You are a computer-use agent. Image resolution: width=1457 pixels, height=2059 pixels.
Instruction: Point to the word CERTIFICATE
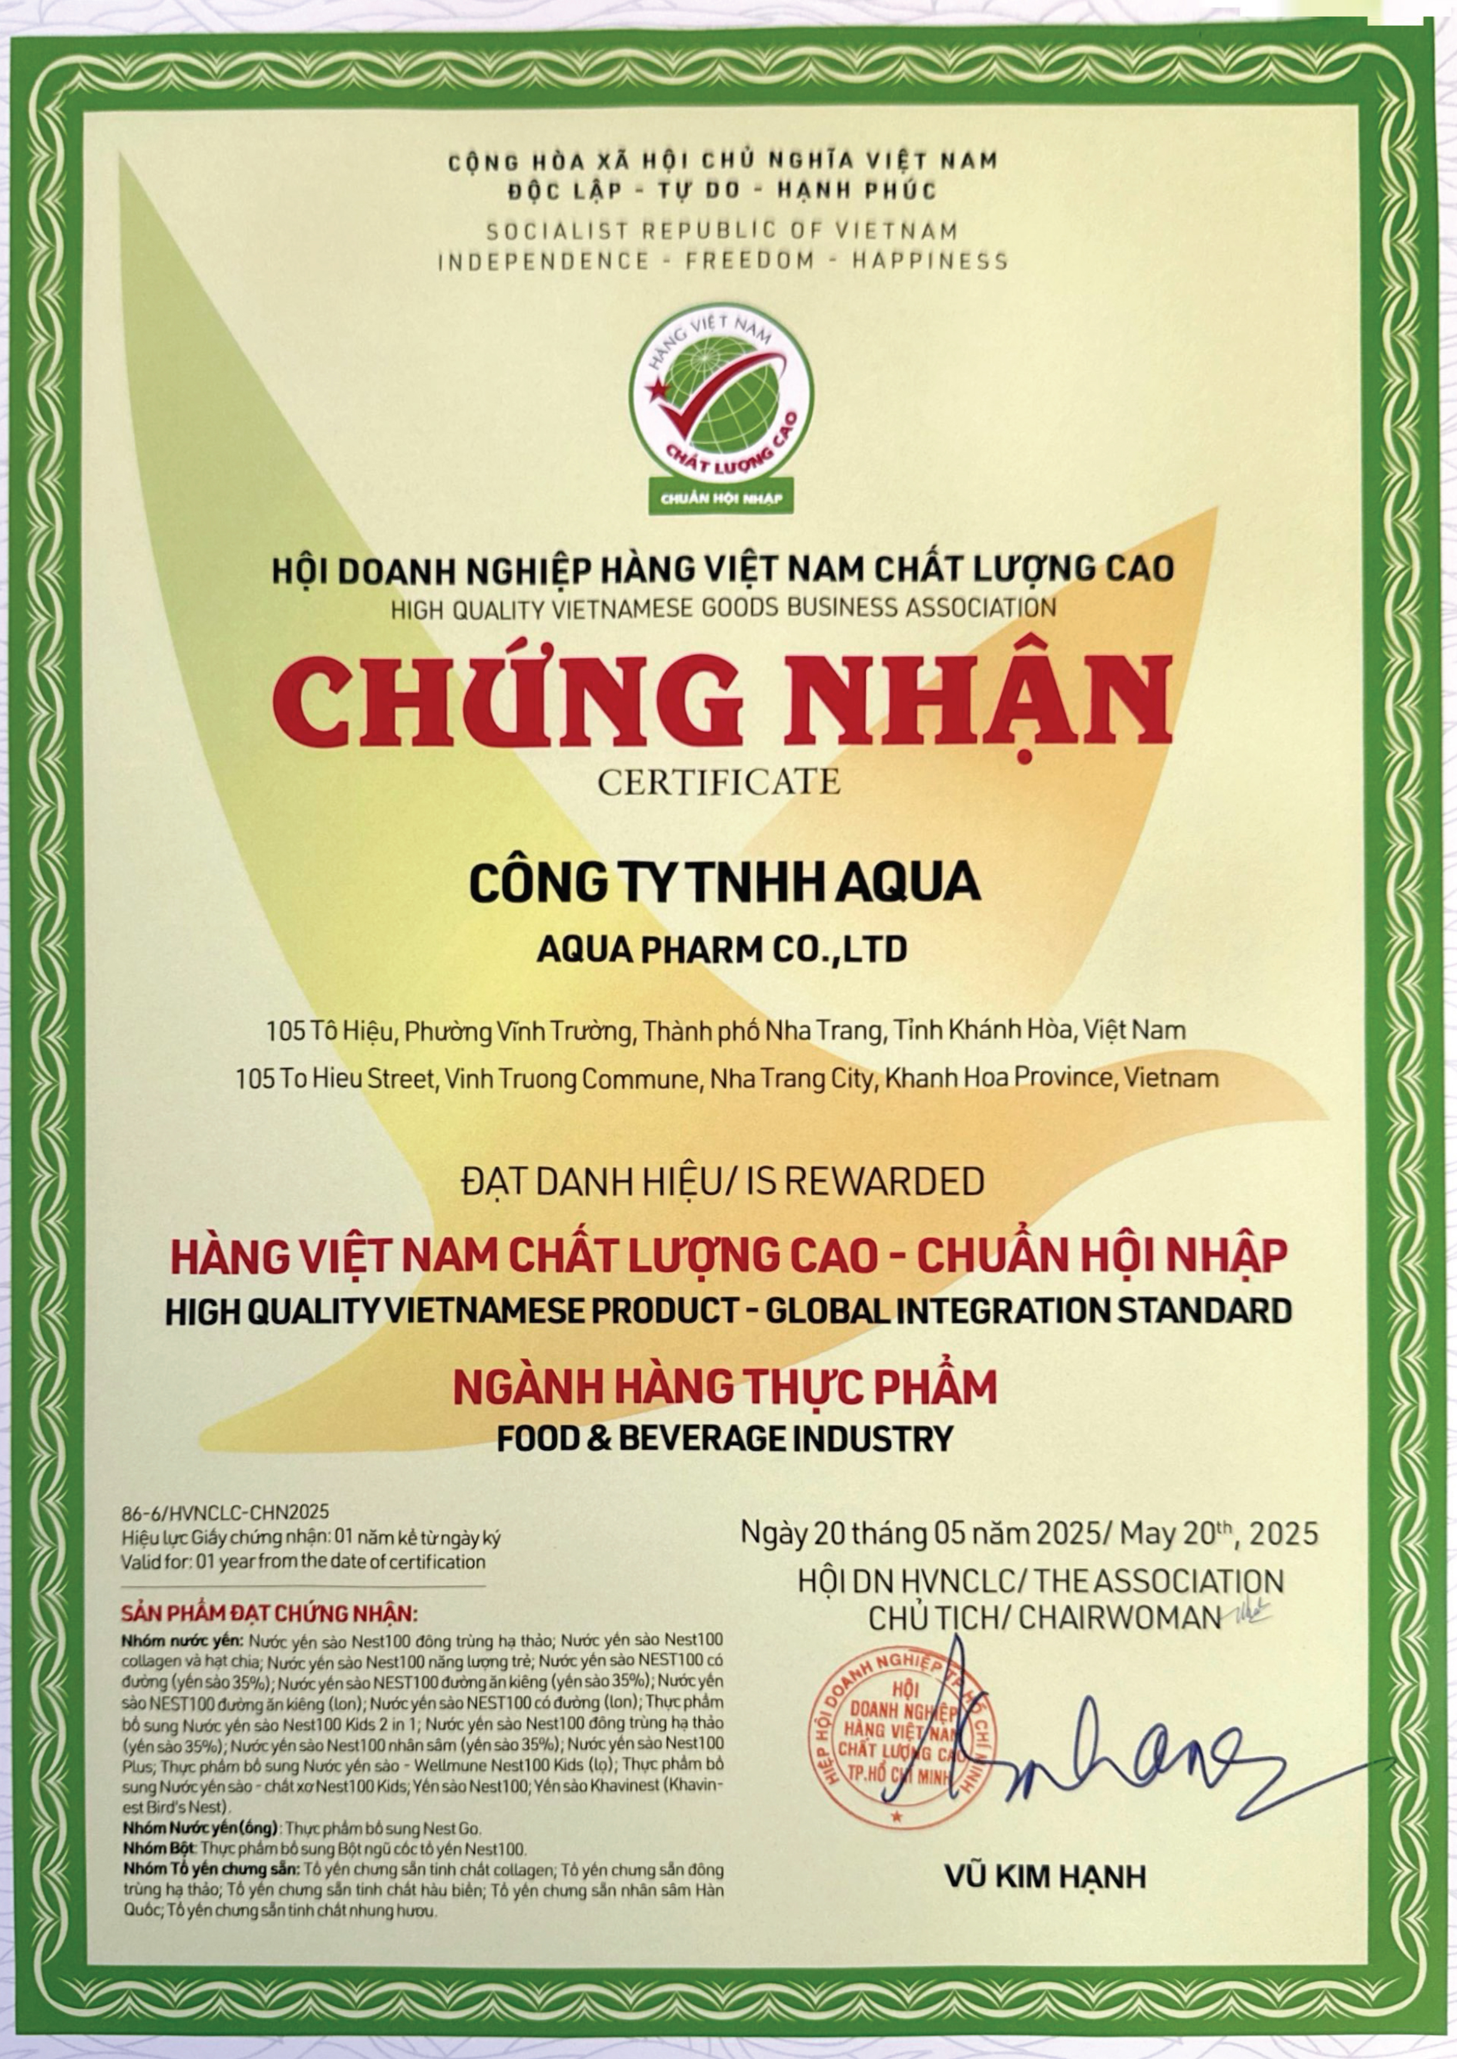719,781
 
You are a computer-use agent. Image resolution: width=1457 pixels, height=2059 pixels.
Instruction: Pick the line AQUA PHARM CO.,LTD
722,949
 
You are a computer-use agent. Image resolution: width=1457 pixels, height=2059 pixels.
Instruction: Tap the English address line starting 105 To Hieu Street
726,1079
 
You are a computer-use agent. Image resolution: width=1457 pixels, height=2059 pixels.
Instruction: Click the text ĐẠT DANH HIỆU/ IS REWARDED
723,1182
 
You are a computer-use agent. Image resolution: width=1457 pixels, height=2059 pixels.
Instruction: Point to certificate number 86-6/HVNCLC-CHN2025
225,1513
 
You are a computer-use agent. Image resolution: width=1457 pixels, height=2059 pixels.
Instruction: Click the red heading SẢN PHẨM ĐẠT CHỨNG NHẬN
269,1614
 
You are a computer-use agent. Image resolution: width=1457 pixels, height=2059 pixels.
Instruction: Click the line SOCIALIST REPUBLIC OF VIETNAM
722,231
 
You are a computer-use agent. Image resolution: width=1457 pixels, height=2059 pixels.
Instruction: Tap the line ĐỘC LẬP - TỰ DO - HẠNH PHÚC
722,190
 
